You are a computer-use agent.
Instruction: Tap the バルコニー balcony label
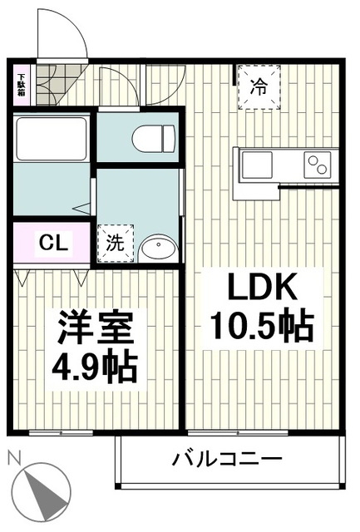227,459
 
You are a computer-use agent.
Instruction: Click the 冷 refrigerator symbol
259,86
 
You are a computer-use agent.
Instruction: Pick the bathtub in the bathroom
52,138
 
